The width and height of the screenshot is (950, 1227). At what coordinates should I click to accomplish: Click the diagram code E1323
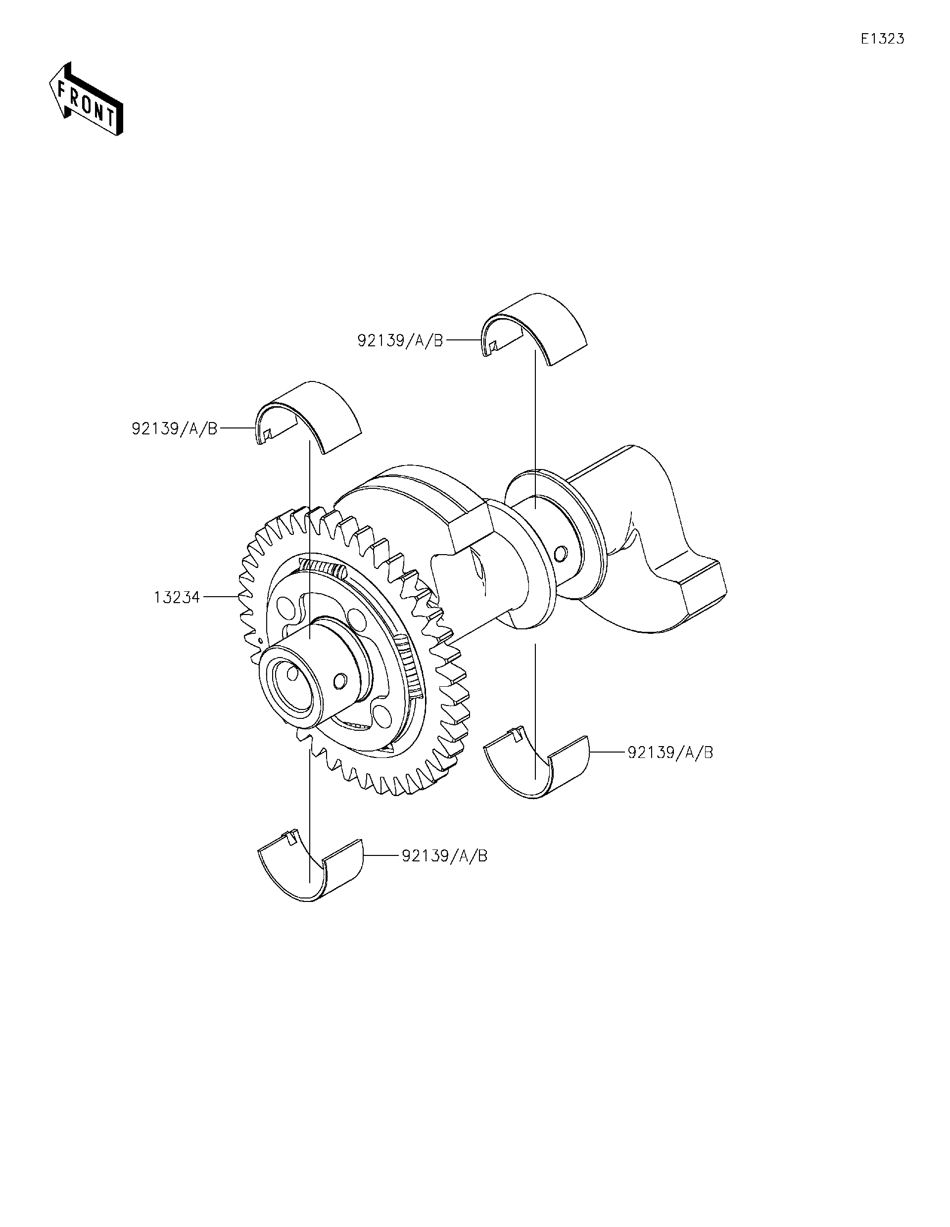(883, 39)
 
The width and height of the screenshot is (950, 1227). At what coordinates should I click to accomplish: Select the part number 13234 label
(177, 597)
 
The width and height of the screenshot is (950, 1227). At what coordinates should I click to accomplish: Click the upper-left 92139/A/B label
(174, 428)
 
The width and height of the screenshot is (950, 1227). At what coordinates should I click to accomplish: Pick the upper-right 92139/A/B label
(400, 340)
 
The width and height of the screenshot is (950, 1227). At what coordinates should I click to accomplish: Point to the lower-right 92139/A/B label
(669, 752)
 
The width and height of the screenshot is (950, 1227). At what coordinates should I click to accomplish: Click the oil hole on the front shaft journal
(339, 681)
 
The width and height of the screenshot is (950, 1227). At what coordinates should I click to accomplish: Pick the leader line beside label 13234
(220, 597)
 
